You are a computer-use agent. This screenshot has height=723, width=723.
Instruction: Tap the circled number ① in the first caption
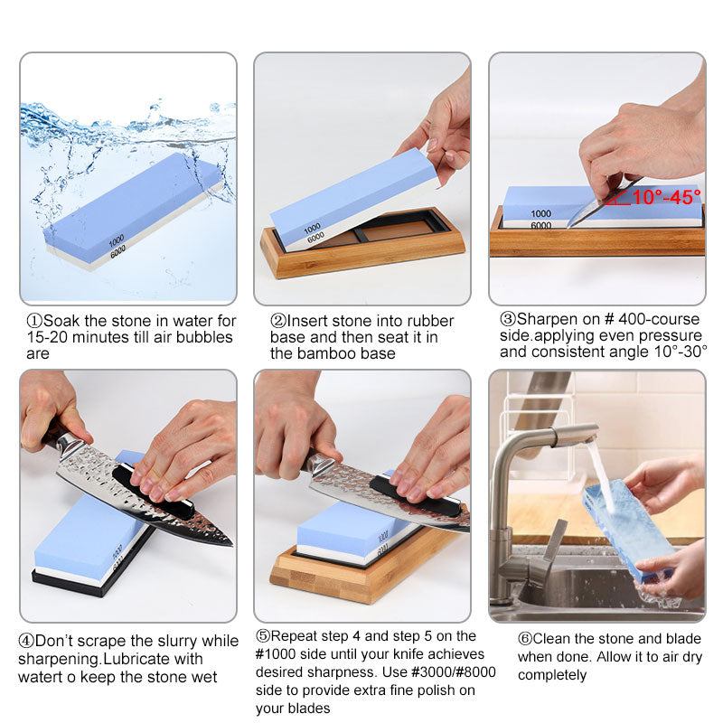click(x=34, y=321)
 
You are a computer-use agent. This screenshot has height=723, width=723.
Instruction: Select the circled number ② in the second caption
click(x=278, y=321)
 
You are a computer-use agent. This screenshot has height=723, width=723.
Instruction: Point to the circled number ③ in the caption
click(x=508, y=319)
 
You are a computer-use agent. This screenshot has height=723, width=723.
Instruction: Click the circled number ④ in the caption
click(x=26, y=642)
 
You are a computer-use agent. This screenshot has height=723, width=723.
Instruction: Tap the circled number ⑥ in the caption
click(x=525, y=638)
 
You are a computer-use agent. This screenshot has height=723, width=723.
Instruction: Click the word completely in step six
click(x=552, y=675)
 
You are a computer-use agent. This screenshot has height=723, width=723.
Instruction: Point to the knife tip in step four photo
click(x=226, y=542)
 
